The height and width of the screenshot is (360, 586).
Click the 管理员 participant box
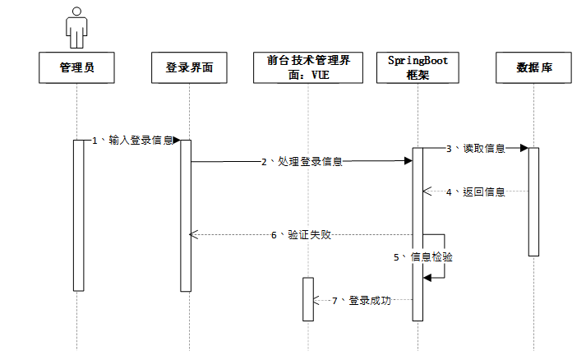tap(76, 67)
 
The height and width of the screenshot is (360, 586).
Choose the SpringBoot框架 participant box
tap(418, 67)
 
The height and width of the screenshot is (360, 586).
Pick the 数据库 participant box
tap(533, 67)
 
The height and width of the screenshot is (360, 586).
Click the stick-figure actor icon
tap(76, 27)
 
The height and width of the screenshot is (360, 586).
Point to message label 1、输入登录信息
tap(132, 141)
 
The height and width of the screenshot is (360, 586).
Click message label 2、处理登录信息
tap(302, 162)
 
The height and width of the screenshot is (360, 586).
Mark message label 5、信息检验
tap(422, 256)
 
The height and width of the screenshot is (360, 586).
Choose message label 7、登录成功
tap(362, 301)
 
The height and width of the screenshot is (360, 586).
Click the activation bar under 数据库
tap(533, 201)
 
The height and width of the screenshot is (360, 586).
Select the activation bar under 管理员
tap(79, 215)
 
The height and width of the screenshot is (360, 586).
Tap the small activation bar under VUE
tap(307, 298)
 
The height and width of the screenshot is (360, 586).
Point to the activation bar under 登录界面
tap(186, 215)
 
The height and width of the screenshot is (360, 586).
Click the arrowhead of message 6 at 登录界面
tap(194, 234)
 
